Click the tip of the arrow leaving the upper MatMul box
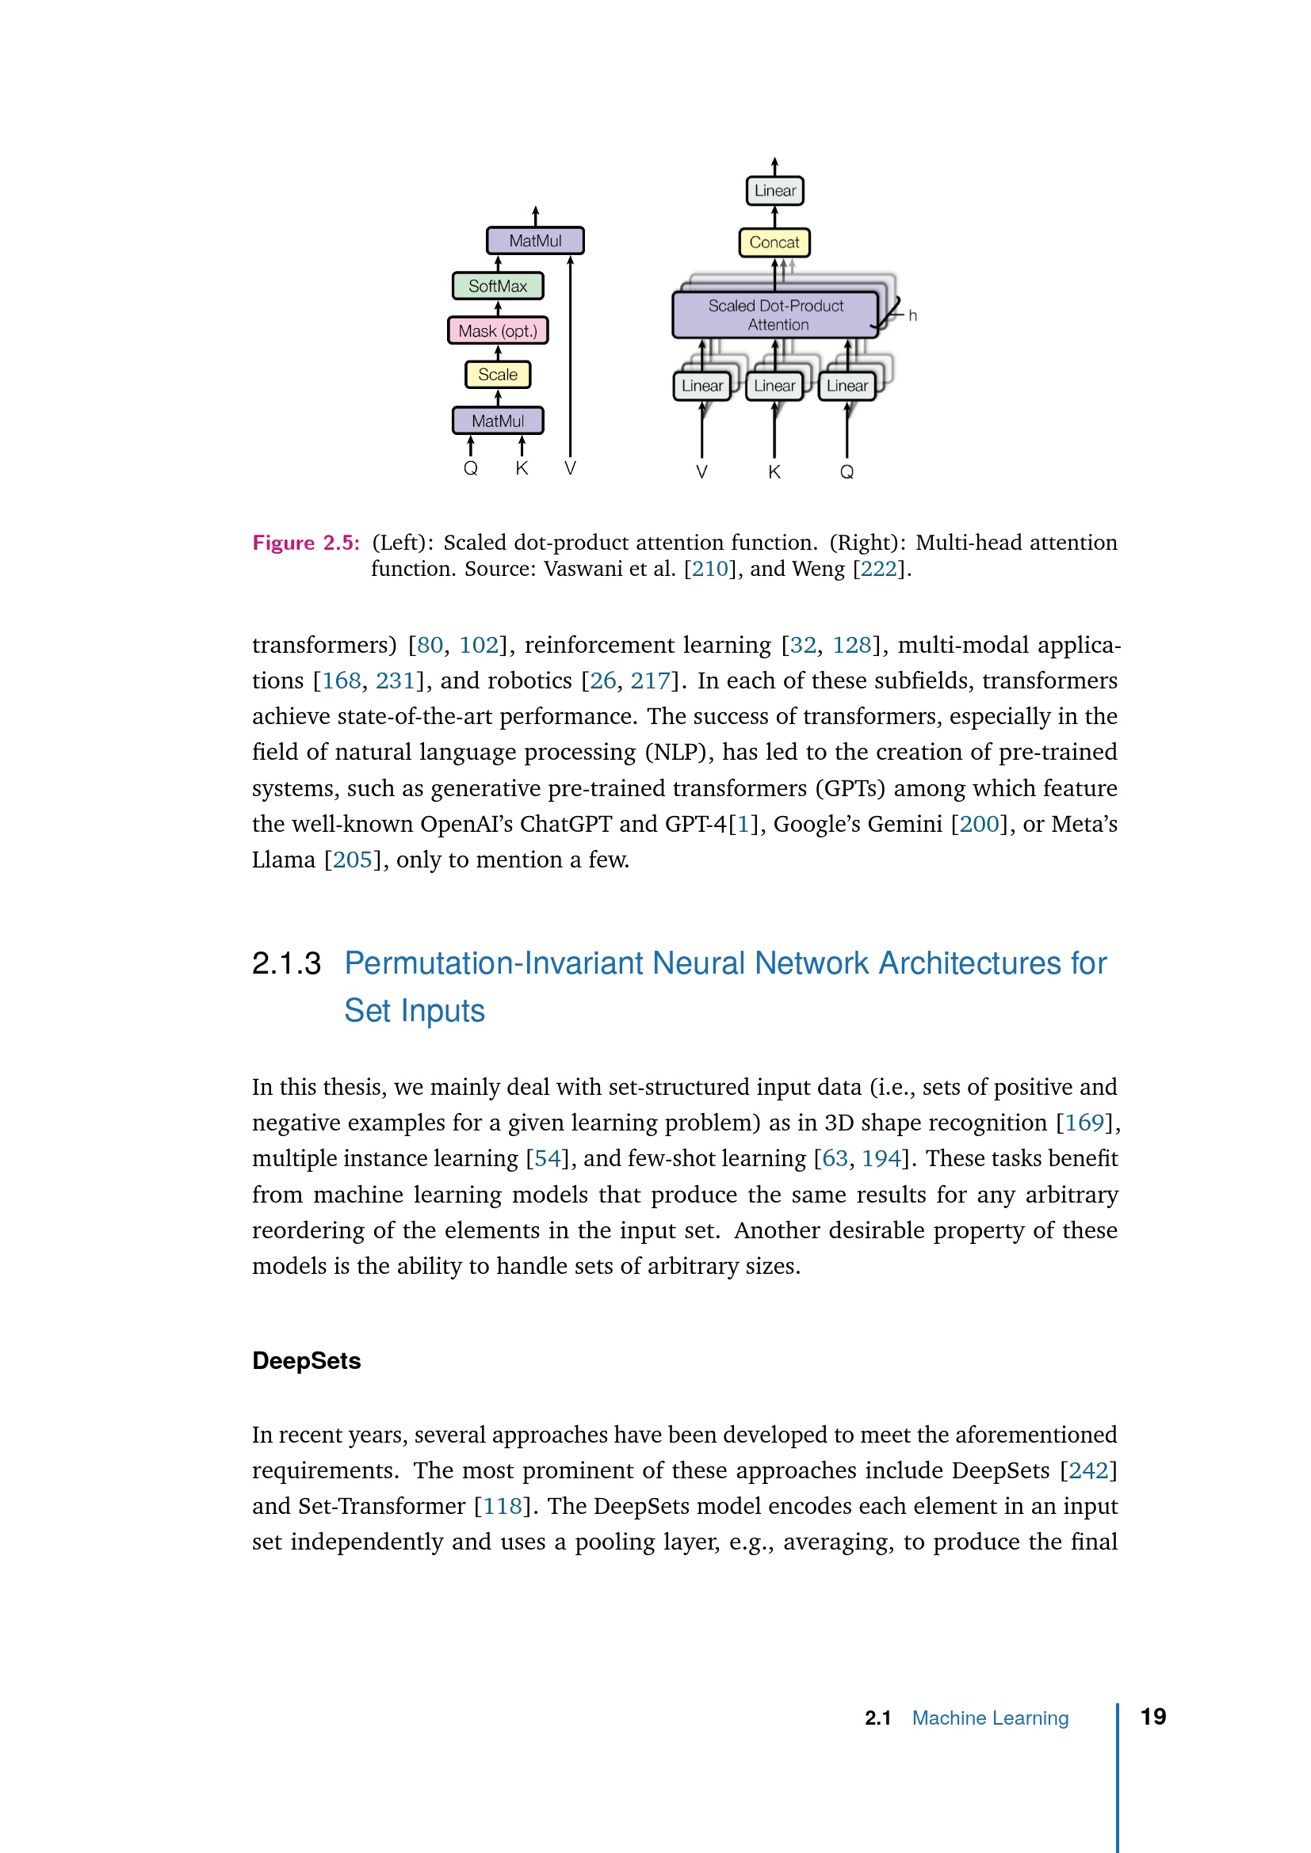[x=535, y=208]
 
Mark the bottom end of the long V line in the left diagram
[x=571, y=457]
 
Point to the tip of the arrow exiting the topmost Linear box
[x=774, y=158]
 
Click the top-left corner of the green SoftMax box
[x=453, y=273]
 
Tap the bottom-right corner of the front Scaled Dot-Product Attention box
[x=877, y=337]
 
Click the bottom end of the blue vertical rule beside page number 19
[x=1118, y=1851]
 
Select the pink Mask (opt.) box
[x=498, y=330]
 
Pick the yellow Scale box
[x=498, y=375]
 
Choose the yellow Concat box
[x=774, y=242]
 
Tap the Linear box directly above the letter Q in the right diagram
[x=847, y=386]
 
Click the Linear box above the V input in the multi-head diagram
[x=702, y=386]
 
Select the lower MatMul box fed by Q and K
[x=498, y=421]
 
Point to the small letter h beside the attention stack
[x=913, y=315]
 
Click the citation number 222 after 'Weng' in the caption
[x=879, y=569]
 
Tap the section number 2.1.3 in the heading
[x=287, y=963]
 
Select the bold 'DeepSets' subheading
[x=307, y=1361]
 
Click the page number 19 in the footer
[x=1152, y=1717]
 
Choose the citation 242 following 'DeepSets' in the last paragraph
[x=1088, y=1470]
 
